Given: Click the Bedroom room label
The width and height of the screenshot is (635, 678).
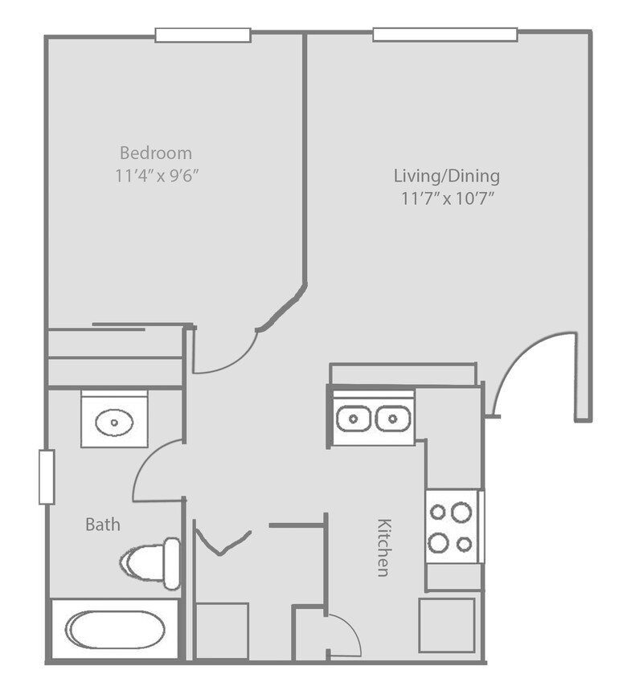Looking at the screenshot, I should (156, 152).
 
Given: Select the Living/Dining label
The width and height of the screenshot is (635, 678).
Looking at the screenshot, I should (447, 174).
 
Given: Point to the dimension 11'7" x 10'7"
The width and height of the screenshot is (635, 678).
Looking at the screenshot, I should (447, 198).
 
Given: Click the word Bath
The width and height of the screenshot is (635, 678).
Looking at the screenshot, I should (103, 525).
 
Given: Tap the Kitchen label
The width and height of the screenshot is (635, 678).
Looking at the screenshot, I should (383, 546).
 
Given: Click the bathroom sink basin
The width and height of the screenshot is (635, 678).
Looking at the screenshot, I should (114, 420).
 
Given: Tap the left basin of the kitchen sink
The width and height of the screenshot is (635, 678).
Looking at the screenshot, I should (353, 419).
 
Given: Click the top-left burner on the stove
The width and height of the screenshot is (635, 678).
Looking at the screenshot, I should (439, 512).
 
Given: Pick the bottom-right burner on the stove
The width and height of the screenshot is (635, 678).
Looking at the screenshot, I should (464, 545).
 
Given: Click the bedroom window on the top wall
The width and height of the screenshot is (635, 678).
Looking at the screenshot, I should (203, 35).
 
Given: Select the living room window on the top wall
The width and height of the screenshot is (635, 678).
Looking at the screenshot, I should (444, 35).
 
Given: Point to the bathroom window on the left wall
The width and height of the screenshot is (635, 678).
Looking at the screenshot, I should (47, 477).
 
